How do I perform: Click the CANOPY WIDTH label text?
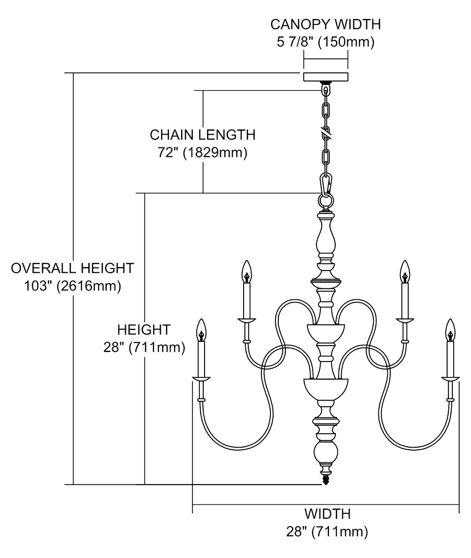(325, 25)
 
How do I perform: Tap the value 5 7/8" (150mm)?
(325, 42)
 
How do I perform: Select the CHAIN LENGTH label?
(203, 135)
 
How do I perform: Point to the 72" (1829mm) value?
(203, 153)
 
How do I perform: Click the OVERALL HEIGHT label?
(72, 268)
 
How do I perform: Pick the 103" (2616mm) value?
(72, 286)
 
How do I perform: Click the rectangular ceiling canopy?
(326, 77)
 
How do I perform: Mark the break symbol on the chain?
(326, 131)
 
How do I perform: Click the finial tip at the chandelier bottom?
(326, 481)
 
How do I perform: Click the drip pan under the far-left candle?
(201, 379)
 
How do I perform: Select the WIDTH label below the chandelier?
(327, 514)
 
